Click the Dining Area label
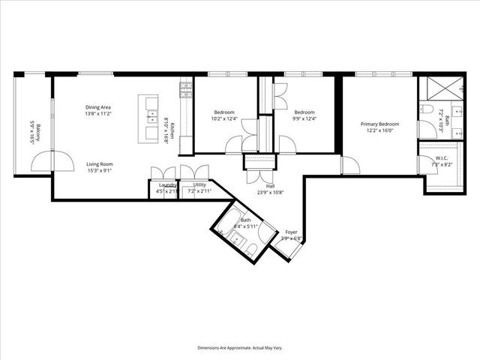(x=99, y=107)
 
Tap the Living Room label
(x=99, y=163)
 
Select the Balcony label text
(x=32, y=127)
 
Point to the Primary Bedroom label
(x=378, y=124)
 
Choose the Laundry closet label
(x=166, y=184)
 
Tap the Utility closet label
(x=199, y=184)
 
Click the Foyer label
(x=291, y=232)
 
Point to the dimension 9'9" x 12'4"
(x=304, y=118)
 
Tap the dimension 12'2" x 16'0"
(x=378, y=130)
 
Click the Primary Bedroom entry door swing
(x=349, y=165)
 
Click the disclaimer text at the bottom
(x=240, y=348)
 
